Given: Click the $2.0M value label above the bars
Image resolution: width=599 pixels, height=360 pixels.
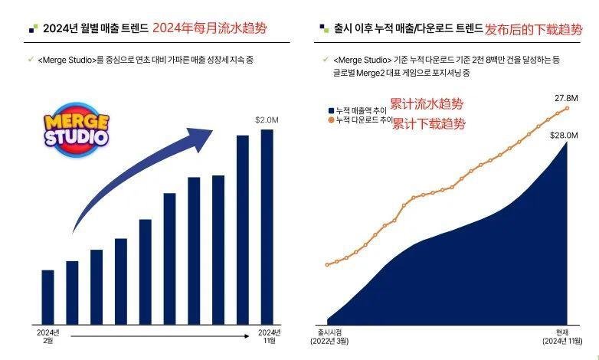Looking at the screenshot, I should [x=267, y=119].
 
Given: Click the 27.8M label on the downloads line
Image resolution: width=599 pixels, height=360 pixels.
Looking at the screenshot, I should [x=566, y=98].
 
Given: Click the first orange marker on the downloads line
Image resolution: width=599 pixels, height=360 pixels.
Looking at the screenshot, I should [x=327, y=265].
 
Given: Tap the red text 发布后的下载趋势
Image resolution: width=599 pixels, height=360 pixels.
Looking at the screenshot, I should [x=533, y=30].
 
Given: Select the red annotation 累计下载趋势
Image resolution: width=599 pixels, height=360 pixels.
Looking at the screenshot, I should [x=428, y=123].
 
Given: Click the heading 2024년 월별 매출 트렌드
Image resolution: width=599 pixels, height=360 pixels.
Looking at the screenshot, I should [x=96, y=29].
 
